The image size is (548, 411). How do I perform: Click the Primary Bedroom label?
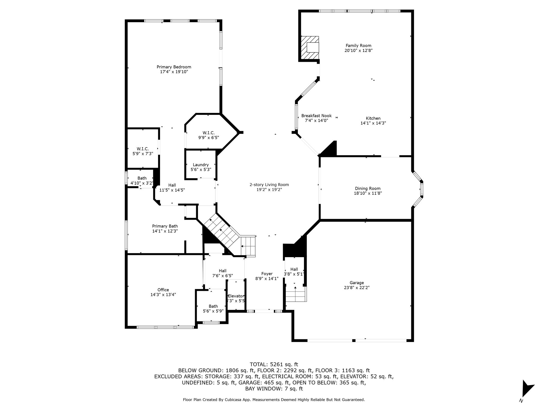pos(174,67)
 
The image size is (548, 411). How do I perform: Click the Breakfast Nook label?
pos(317,116)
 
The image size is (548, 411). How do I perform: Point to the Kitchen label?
pos(373,118)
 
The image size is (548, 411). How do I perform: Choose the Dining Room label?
pos(368,188)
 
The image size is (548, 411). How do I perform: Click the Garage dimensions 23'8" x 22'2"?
pos(357,287)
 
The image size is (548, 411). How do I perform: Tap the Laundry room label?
pos(201,165)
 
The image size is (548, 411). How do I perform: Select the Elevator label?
pos(236,296)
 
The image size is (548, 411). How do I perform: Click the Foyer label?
pos(267,273)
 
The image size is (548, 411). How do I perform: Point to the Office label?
pos(163,290)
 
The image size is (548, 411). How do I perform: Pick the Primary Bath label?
pos(165,226)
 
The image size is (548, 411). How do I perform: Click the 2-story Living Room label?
pos(269,185)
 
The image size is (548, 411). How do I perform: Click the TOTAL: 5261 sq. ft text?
pos(274,364)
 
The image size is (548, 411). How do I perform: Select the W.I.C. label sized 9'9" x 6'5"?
pos(208,133)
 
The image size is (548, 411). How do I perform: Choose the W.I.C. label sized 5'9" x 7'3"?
pos(143,149)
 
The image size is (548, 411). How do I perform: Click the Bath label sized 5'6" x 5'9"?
pos(213,306)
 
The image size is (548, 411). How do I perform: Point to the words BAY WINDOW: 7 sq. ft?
pos(274,389)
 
